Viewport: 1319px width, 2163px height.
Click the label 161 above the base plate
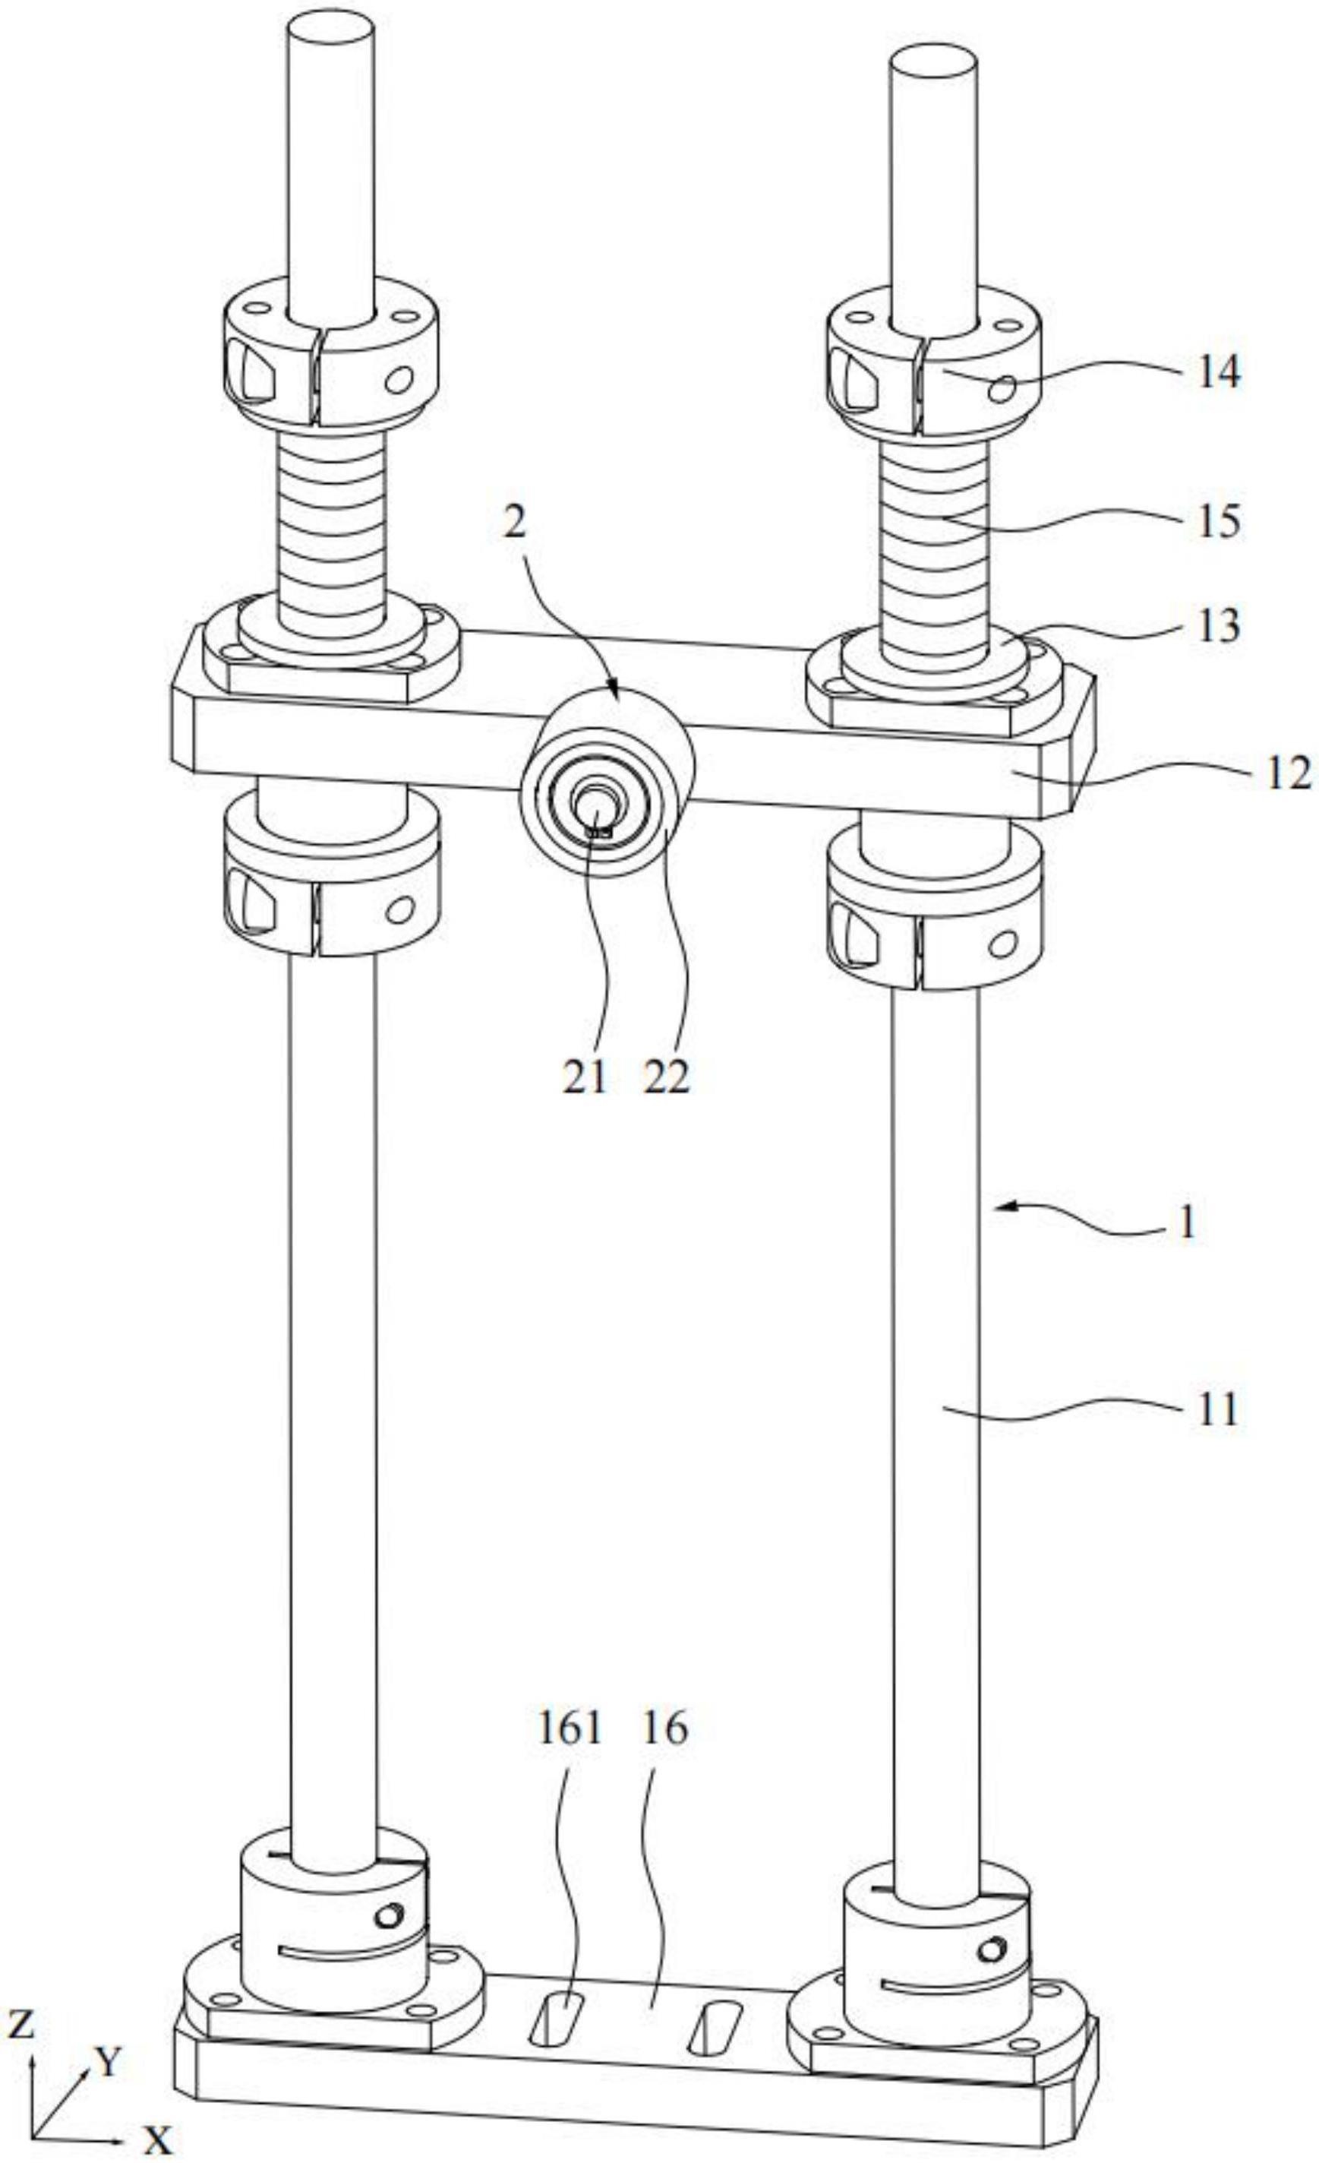point(570,1728)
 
